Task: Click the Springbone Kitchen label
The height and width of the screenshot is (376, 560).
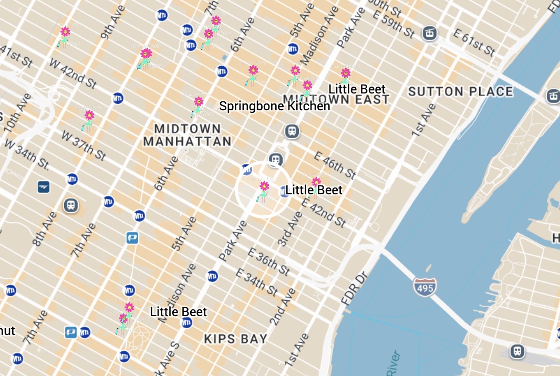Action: (x=274, y=106)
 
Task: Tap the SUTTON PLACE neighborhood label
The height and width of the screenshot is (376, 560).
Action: (x=460, y=91)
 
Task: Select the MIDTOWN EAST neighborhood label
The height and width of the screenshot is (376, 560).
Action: (x=336, y=99)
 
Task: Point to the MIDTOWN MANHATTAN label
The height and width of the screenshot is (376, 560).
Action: (x=187, y=135)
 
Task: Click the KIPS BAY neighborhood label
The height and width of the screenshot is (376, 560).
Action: (x=236, y=339)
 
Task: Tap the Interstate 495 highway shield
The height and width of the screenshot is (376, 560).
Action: (x=423, y=287)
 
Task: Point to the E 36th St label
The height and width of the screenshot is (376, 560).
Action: (x=269, y=262)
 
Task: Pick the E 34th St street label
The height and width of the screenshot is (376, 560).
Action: (x=256, y=282)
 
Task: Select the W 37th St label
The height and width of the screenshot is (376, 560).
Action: (x=84, y=145)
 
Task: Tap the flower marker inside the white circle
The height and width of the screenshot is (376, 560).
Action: (x=264, y=191)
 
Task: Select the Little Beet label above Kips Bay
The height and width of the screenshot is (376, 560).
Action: (x=178, y=312)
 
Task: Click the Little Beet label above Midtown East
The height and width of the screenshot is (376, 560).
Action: (x=357, y=89)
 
